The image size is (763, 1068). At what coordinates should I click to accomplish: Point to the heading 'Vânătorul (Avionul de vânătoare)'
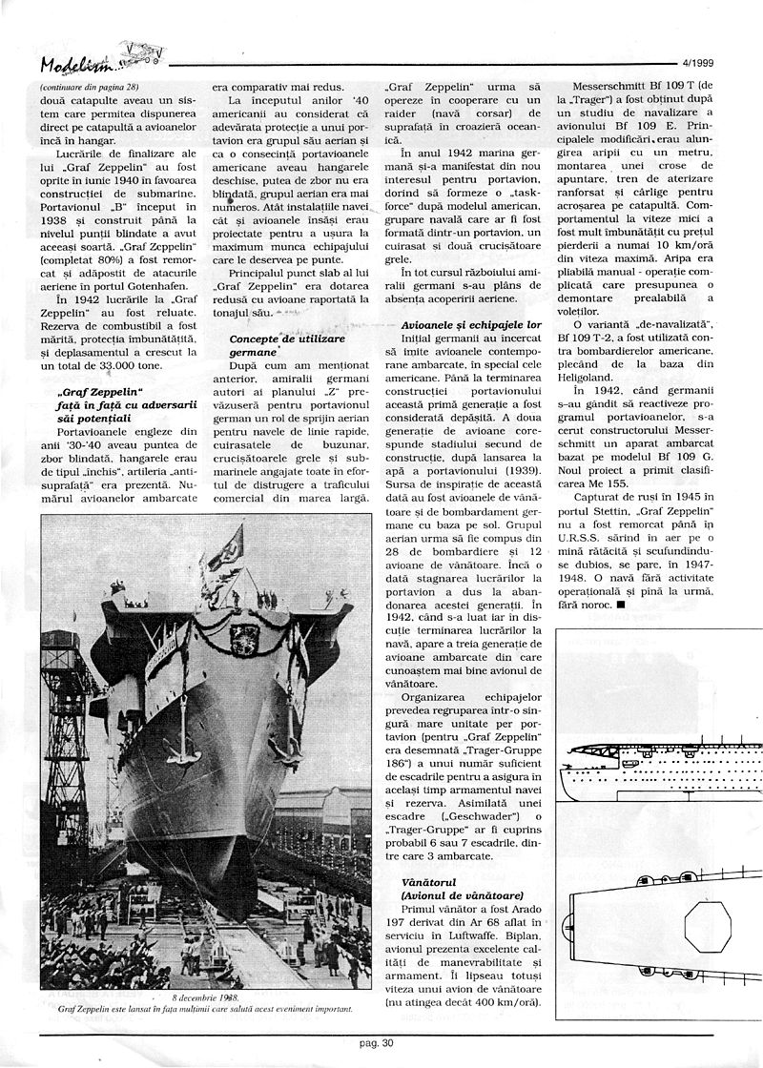coord(443,888)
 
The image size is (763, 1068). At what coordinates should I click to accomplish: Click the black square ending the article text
coord(621,605)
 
